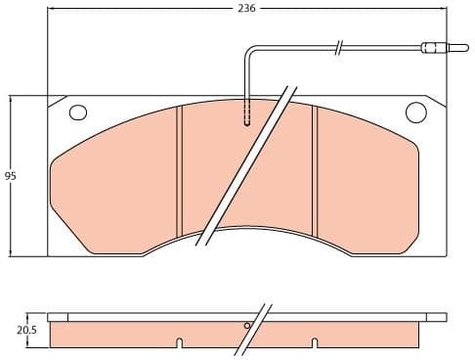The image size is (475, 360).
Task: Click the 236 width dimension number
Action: [246, 8]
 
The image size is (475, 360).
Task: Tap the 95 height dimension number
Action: [11, 176]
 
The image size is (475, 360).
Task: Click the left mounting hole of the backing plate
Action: [78, 112]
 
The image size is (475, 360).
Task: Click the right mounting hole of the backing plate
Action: [414, 112]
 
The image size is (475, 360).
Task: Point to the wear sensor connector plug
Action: [431, 46]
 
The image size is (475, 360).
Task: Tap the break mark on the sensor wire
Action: [337, 46]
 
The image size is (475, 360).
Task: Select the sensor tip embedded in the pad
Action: [246, 116]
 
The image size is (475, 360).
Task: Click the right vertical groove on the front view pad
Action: [314, 171]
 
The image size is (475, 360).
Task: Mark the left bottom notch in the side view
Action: [178, 342]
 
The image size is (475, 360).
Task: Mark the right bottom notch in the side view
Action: [314, 342]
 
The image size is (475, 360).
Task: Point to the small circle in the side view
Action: [248, 326]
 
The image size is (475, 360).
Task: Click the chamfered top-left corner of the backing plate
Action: [57, 103]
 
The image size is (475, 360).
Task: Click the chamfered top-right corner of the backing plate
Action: [436, 103]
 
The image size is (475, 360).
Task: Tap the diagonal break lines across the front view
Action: [244, 166]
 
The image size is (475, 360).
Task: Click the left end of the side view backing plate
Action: [51, 317]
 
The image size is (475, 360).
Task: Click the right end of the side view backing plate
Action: [443, 317]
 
